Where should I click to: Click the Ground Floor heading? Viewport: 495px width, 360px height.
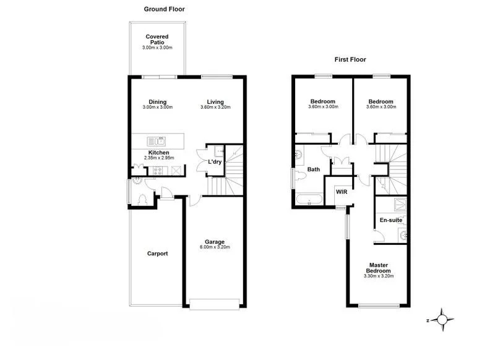164,9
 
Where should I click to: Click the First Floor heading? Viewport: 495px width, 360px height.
350,60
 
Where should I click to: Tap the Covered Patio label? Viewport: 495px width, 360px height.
157,40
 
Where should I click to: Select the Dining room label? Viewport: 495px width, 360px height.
157,102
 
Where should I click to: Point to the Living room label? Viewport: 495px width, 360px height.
215,102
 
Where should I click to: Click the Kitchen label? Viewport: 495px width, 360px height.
158,153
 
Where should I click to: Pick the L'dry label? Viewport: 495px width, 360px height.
215,162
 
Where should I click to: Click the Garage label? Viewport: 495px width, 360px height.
215,242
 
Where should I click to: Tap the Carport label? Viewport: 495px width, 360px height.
157,254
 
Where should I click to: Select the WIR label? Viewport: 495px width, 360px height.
341,192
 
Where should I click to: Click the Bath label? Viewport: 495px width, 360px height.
313,169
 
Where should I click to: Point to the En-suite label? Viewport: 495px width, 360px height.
391,220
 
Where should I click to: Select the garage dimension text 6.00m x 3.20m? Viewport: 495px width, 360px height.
215,247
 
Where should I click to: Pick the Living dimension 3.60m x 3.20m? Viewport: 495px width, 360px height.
215,108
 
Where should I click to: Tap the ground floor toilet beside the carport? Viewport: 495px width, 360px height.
144,199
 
